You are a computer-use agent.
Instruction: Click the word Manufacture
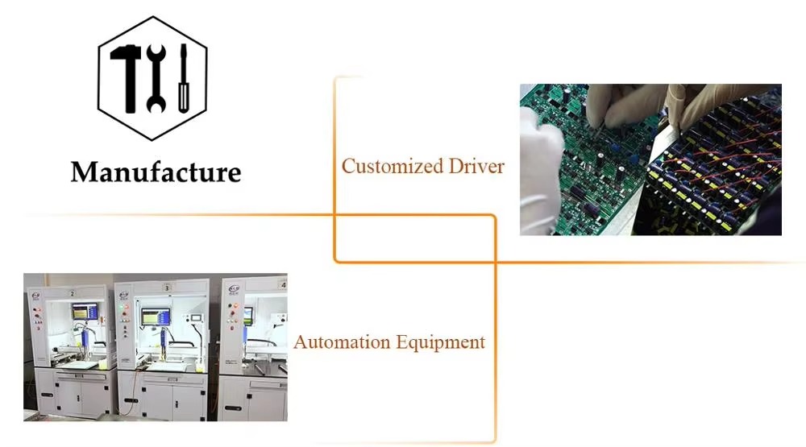point(156,172)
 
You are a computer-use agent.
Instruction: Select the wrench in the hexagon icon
point(156,77)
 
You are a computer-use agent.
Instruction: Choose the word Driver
point(476,167)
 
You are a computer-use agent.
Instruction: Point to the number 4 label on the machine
point(282,284)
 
